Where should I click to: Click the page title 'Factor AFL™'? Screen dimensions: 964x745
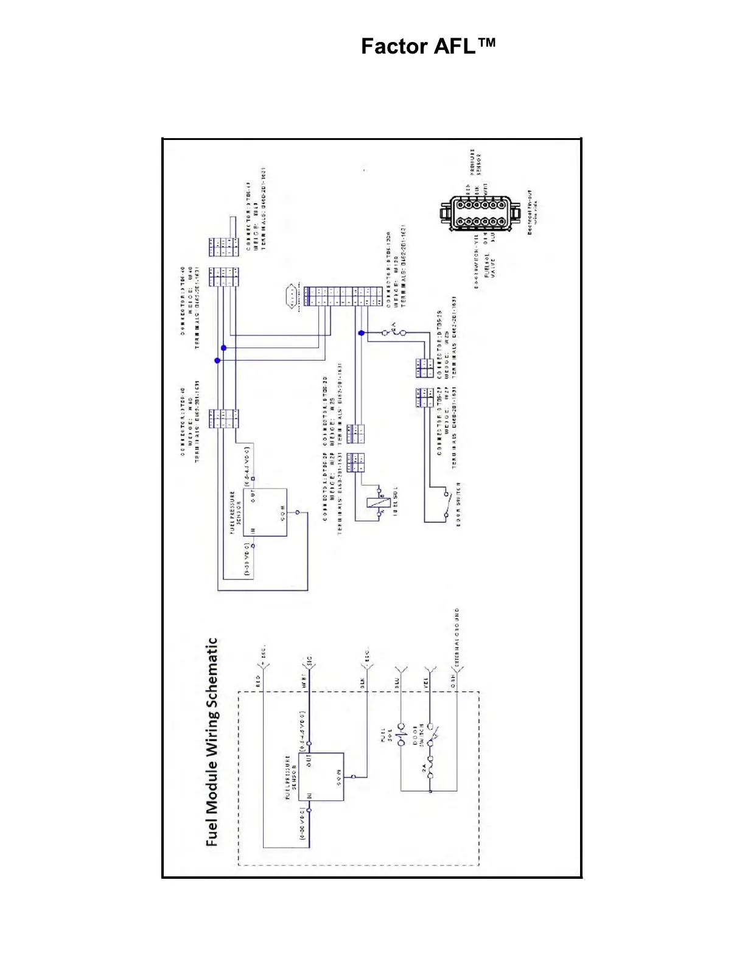pos(428,46)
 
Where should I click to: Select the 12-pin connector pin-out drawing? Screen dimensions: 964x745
pos(475,214)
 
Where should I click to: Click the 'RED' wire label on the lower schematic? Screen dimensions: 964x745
pos(258,681)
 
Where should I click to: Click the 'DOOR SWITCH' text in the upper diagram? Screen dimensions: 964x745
pos(458,503)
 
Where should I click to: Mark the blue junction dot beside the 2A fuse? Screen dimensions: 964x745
pos(362,333)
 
